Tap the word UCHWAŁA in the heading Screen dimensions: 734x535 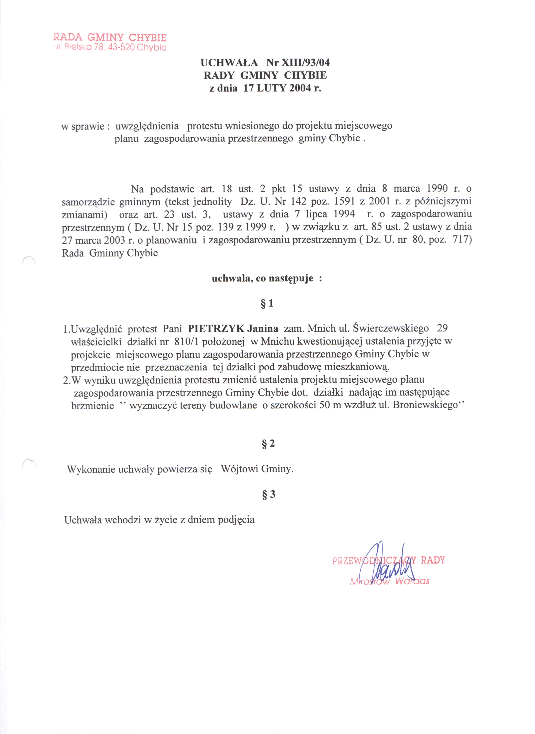pyautogui.click(x=229, y=62)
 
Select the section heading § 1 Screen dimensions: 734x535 pyautogui.click(x=267, y=304)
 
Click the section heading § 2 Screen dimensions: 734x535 pyautogui.click(x=268, y=444)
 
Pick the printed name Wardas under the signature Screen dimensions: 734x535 pyautogui.click(x=412, y=581)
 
